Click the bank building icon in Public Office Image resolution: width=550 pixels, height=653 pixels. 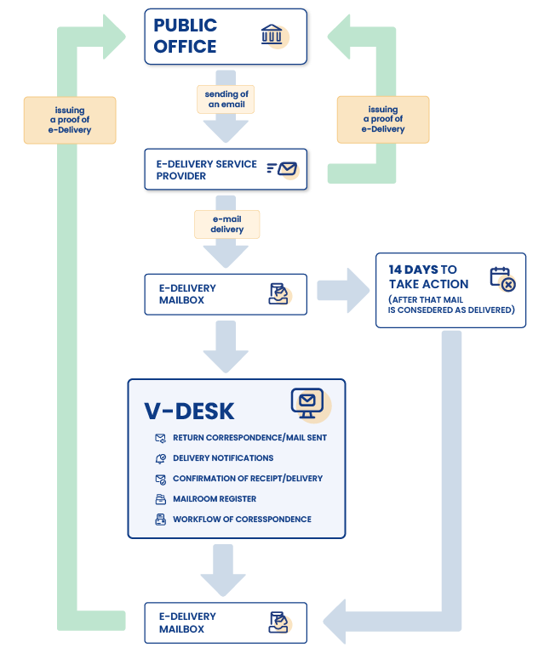pyautogui.click(x=272, y=36)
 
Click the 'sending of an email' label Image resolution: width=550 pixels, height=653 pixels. pyautogui.click(x=226, y=99)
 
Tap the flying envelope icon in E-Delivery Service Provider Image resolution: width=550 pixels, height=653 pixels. pyautogui.click(x=284, y=169)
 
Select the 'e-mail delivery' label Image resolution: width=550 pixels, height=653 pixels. pyautogui.click(x=226, y=224)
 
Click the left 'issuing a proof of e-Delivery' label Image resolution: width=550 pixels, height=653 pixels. pyautogui.click(x=69, y=120)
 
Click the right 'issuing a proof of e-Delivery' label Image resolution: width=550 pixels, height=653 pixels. pyautogui.click(x=383, y=120)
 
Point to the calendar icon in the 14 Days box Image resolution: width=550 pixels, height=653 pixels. pyautogui.click(x=502, y=279)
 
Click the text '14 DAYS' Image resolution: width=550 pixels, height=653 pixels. pyautogui.click(x=413, y=270)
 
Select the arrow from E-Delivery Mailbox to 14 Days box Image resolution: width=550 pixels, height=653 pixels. pyautogui.click(x=344, y=290)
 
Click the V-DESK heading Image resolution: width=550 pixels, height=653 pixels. pyautogui.click(x=189, y=411)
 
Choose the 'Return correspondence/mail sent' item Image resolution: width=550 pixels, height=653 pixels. pyautogui.click(x=249, y=438)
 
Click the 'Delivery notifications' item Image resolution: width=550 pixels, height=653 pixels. pyautogui.click(x=222, y=458)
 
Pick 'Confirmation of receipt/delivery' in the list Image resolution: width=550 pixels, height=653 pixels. pyautogui.click(x=247, y=479)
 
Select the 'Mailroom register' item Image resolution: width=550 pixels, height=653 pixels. pyautogui.click(x=214, y=499)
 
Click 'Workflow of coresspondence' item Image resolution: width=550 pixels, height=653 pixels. pyautogui.click(x=241, y=520)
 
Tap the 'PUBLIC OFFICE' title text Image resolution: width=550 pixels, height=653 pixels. pyautogui.click(x=185, y=36)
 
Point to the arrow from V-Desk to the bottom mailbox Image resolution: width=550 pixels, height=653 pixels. pyautogui.click(x=226, y=571)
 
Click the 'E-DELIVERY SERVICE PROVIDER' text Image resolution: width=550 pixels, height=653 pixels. pyautogui.click(x=206, y=170)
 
